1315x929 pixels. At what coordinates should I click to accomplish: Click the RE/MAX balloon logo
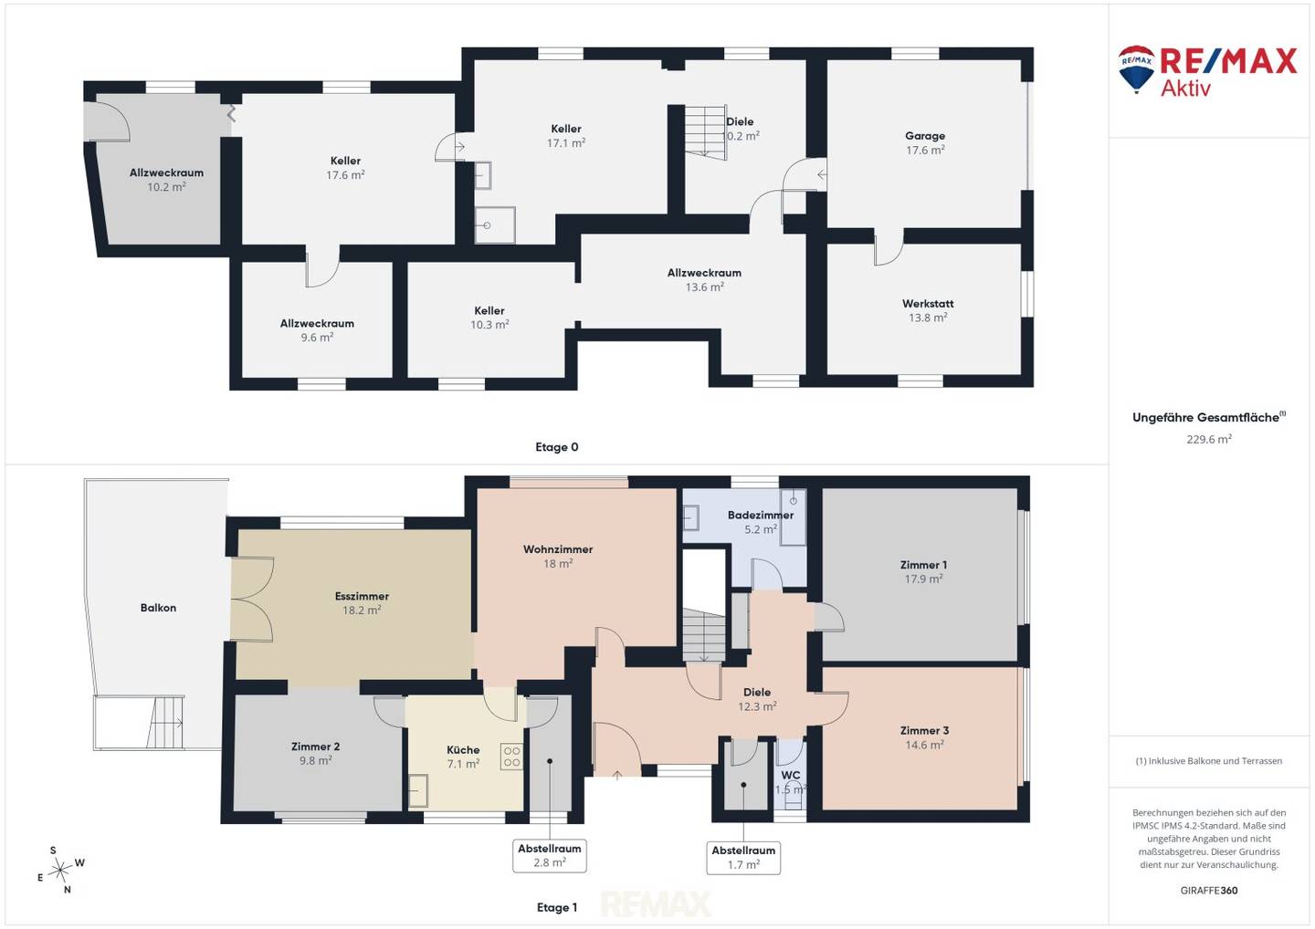pyautogui.click(x=1136, y=69)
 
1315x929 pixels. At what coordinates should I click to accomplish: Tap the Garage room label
pyautogui.click(x=924, y=136)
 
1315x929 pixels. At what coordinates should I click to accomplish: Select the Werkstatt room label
pyautogui.click(x=928, y=304)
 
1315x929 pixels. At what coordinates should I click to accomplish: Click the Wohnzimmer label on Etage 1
pyautogui.click(x=558, y=549)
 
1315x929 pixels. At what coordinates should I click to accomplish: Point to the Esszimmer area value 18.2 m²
pyautogui.click(x=362, y=610)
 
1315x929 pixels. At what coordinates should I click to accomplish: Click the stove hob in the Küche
pyautogui.click(x=511, y=757)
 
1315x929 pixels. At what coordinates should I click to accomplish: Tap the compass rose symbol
pyautogui.click(x=60, y=871)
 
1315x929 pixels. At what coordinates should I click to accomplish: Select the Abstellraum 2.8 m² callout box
pyautogui.click(x=550, y=856)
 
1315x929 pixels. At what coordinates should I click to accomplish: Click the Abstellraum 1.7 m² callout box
pyautogui.click(x=743, y=858)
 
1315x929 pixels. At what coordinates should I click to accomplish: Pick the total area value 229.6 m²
pyautogui.click(x=1209, y=439)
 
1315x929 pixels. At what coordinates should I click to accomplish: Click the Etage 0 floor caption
pyautogui.click(x=556, y=447)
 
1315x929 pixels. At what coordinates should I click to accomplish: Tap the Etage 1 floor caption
pyautogui.click(x=556, y=907)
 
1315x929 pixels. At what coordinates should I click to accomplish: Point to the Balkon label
pyautogui.click(x=158, y=608)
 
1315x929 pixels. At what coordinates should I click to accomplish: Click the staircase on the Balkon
pyautogui.click(x=166, y=723)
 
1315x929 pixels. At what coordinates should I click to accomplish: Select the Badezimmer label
pyautogui.click(x=760, y=515)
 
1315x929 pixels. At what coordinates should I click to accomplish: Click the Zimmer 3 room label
pyautogui.click(x=924, y=731)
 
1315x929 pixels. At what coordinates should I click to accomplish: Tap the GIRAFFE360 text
pyautogui.click(x=1209, y=891)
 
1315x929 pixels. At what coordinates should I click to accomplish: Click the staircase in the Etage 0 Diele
pyautogui.click(x=706, y=132)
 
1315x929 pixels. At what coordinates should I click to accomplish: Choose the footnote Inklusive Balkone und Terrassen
pyautogui.click(x=1209, y=761)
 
